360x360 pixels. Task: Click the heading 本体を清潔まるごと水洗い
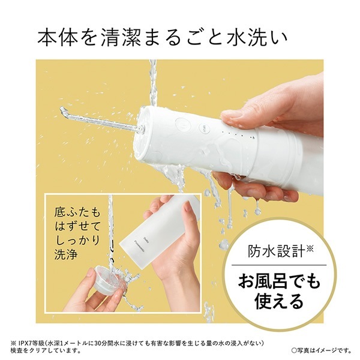[x=163, y=38]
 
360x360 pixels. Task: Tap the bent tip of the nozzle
[x=62, y=110]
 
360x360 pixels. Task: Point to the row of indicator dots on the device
[x=239, y=135]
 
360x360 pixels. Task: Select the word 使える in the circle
[x=279, y=301]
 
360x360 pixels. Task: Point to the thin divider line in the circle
[x=279, y=265]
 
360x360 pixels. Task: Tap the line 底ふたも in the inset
[x=77, y=213]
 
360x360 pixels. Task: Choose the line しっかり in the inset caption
[x=77, y=241]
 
